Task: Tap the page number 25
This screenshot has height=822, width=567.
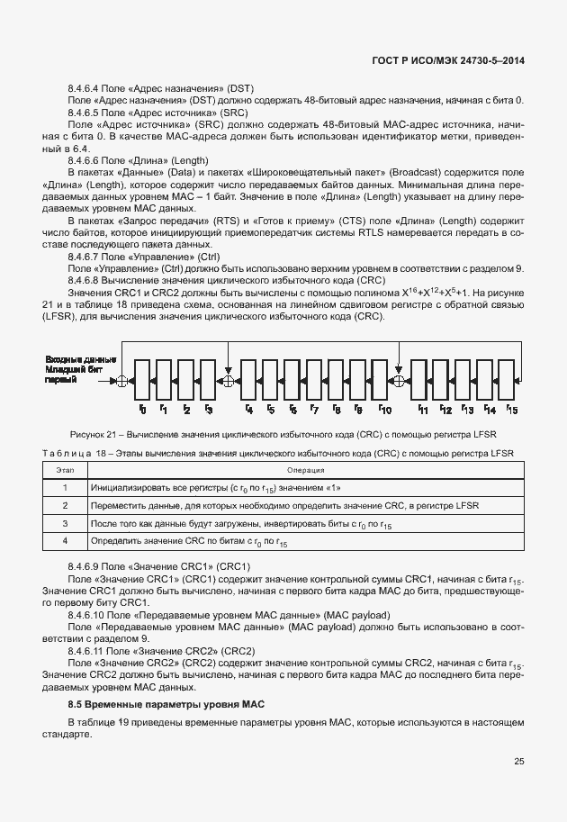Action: tap(519, 762)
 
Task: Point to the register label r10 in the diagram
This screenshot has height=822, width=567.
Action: tap(384, 411)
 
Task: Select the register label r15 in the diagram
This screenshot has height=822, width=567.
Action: tap(513, 411)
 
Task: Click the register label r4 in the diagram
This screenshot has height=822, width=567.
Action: tap(248, 411)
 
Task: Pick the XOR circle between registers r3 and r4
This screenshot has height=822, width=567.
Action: tap(228, 382)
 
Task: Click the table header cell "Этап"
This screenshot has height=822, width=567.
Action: tap(65, 470)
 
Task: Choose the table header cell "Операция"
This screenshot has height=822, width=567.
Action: tap(300, 470)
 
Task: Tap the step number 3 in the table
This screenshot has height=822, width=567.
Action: tap(65, 523)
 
